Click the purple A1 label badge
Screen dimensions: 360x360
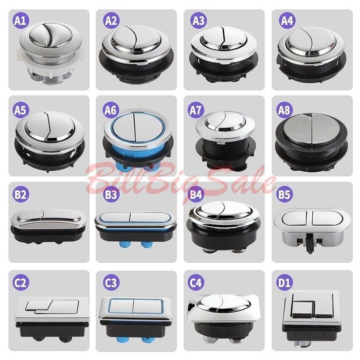click(21, 20)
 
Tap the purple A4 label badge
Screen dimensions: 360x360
click(287, 20)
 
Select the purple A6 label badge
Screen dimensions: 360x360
click(111, 110)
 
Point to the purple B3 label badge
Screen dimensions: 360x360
click(111, 194)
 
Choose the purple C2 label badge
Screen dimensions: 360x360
click(21, 282)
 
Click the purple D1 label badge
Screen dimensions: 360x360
click(285, 282)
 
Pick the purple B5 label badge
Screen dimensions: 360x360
click(284, 194)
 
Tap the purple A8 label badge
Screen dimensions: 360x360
click(284, 110)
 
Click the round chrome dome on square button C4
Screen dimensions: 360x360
click(223, 303)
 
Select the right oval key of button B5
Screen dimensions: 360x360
click(325, 218)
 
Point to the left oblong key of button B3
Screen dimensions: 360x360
click(115, 217)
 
